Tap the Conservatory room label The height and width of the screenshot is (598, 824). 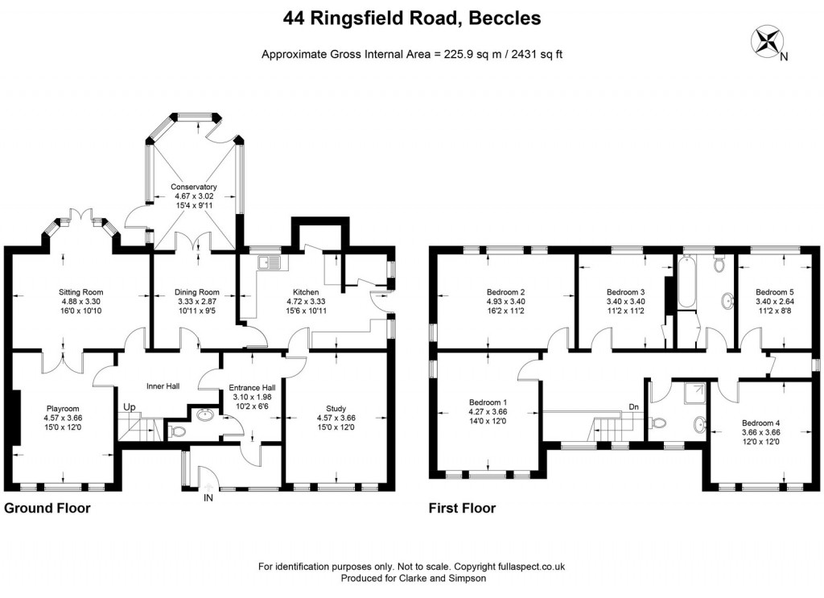coord(193,187)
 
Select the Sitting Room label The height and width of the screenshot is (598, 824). coord(81,292)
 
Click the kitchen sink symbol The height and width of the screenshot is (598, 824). coord(267,262)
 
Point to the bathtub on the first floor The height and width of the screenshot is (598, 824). coord(687,284)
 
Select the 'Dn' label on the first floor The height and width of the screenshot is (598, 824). coord(634,406)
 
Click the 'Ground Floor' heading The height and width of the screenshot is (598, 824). coord(47,509)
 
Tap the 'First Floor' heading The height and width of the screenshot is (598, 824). coord(463,509)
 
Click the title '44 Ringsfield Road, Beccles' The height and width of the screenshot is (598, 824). coord(411,17)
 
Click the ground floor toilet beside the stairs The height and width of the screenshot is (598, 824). coord(179,432)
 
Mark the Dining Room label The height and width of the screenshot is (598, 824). coord(197,292)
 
